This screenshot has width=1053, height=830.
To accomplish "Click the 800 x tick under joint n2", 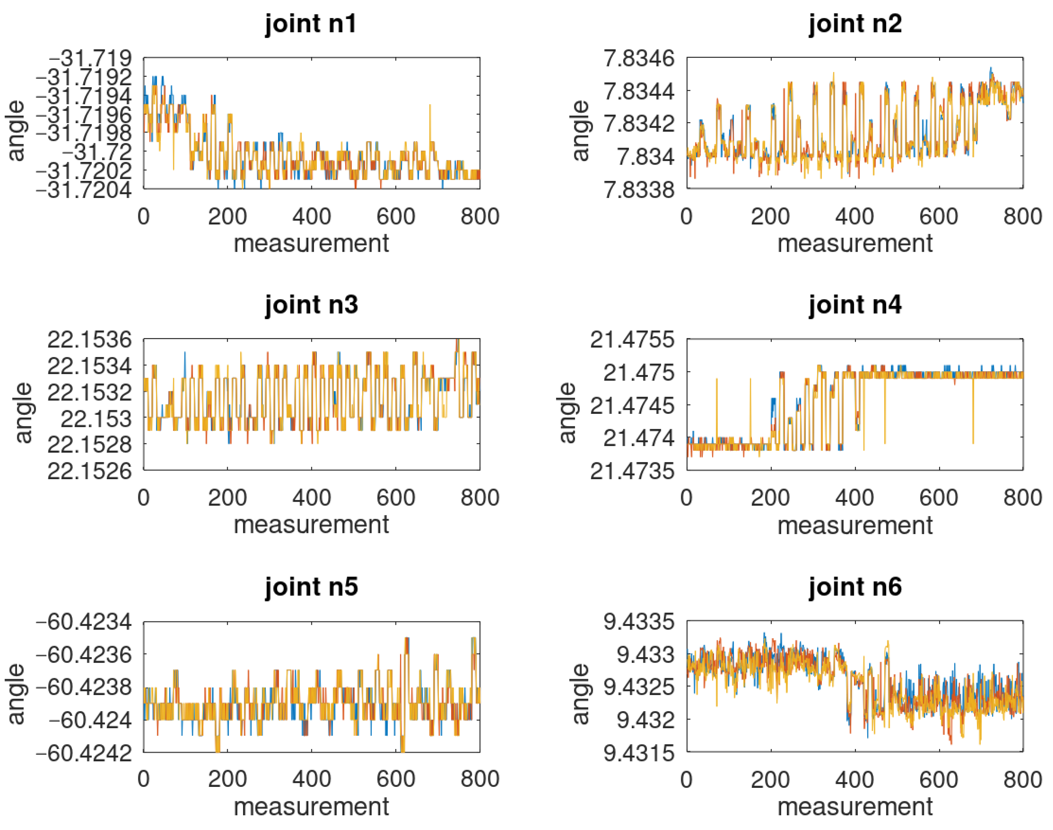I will click(1022, 216).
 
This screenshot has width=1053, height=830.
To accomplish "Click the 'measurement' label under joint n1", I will click(311, 243).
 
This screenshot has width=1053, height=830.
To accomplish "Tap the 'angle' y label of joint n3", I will click(23, 413).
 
